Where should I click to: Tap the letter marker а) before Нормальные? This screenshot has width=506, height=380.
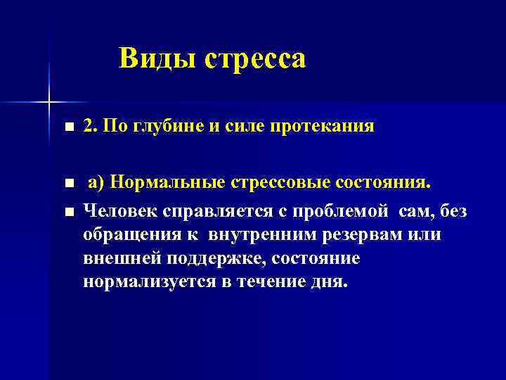[96, 184]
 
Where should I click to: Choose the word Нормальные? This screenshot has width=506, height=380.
[165, 184]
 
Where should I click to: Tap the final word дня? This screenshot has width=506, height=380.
[328, 282]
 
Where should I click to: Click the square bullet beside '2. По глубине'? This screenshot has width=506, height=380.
[67, 128]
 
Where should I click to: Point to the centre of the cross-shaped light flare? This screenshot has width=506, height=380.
[48, 103]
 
